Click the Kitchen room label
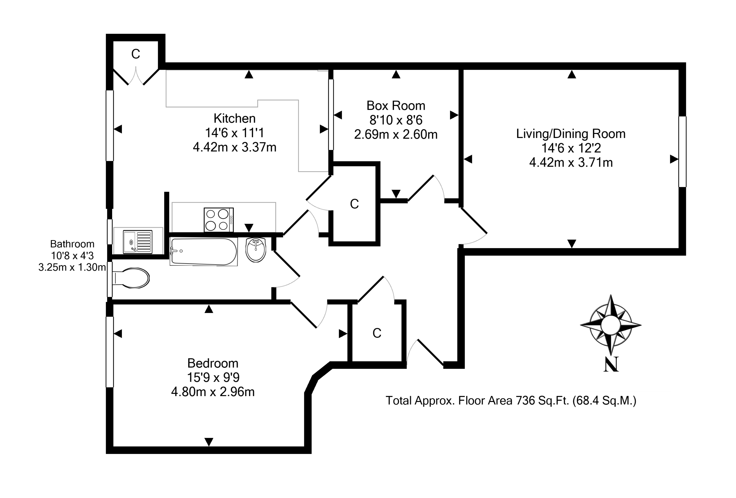coord(234,118)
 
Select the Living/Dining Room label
coord(571,134)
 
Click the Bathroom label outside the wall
coord(72,244)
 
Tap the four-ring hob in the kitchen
coord(219,219)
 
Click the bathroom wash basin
coord(256,250)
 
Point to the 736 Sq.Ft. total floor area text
coord(510,400)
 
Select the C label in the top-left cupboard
coord(135,54)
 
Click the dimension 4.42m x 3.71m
coord(571,162)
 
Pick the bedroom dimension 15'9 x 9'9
coord(213,377)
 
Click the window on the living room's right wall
coord(682,151)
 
